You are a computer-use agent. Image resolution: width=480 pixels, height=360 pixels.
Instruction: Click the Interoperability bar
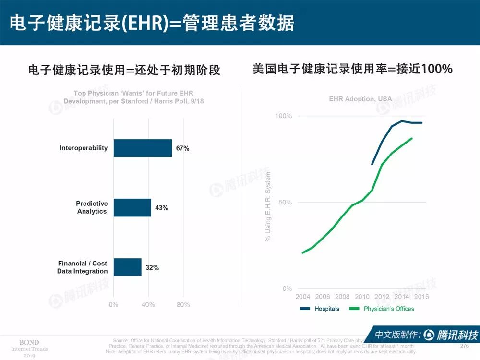(x=143, y=148)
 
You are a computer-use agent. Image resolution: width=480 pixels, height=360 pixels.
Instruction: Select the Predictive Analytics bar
(x=132, y=207)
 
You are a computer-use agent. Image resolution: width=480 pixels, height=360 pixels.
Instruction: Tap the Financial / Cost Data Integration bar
(x=127, y=267)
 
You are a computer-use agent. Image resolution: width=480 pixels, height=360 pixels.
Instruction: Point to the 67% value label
(x=182, y=148)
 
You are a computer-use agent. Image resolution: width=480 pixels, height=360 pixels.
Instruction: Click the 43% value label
(x=161, y=208)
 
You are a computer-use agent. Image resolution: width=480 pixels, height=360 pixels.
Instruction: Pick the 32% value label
(x=152, y=267)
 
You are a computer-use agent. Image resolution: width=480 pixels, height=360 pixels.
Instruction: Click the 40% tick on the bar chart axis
(x=148, y=305)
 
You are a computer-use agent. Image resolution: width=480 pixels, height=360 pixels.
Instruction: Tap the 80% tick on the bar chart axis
(x=183, y=305)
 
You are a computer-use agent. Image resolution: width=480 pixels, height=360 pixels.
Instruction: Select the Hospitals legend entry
(x=320, y=309)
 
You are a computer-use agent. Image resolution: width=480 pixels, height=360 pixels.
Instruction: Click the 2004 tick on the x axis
(x=303, y=297)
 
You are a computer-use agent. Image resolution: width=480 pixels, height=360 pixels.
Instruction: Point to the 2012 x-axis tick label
(x=382, y=297)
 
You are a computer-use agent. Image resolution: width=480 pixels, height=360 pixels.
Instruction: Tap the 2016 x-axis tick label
(x=421, y=297)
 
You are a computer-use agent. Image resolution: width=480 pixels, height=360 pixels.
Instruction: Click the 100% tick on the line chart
(x=283, y=116)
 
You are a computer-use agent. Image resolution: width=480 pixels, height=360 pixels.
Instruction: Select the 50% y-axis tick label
(x=285, y=202)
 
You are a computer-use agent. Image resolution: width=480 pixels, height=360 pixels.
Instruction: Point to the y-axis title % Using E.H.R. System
(x=268, y=206)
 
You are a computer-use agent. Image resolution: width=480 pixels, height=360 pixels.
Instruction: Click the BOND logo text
(x=29, y=342)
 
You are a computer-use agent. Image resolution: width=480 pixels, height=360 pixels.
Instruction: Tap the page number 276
(x=464, y=346)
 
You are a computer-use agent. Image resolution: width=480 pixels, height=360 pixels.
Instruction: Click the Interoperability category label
(x=84, y=148)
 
